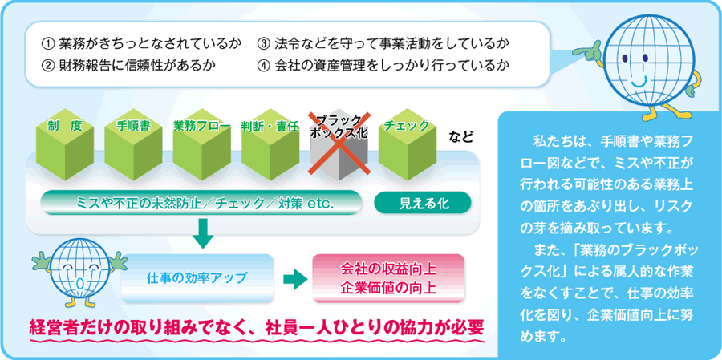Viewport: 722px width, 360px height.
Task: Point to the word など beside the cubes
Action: [461, 137]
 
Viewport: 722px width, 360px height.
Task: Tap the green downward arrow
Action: [203, 233]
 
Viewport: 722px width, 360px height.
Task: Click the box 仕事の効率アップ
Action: [197, 278]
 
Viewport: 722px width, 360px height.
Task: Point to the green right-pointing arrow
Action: [294, 278]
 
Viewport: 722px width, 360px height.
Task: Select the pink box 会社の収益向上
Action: [388, 278]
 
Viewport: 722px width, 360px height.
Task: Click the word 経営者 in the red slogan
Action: [55, 328]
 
